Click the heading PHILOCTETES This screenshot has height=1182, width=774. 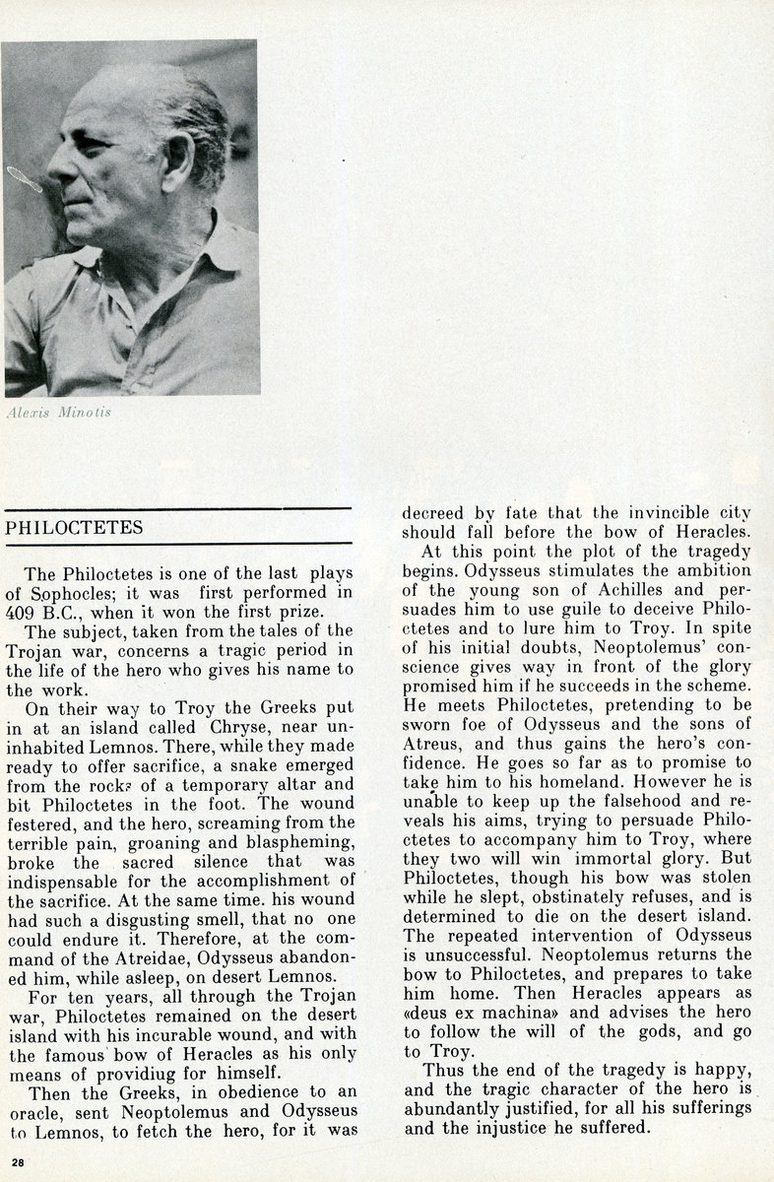coord(74,528)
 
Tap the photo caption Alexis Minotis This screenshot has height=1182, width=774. coord(58,412)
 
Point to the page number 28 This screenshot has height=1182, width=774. coord(18,1163)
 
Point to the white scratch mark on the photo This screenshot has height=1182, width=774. coord(24,178)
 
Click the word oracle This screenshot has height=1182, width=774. coord(37,1112)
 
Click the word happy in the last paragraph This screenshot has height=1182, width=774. coord(722,1070)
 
